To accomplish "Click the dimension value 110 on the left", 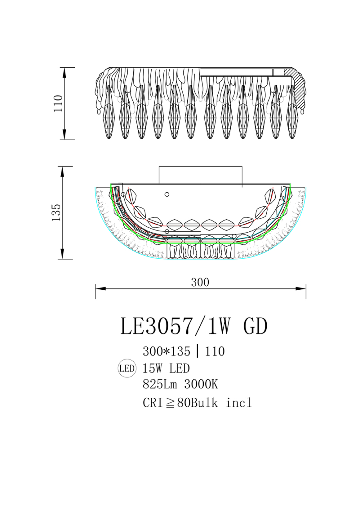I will point(58,103).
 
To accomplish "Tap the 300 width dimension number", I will point(200,282).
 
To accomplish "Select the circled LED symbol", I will point(127,368).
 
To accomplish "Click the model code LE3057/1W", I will point(176,326).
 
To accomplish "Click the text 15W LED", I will point(166,368).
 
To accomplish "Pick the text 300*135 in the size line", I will point(166,351).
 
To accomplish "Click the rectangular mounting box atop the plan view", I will point(200,175).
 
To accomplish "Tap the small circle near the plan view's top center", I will point(167,194).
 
